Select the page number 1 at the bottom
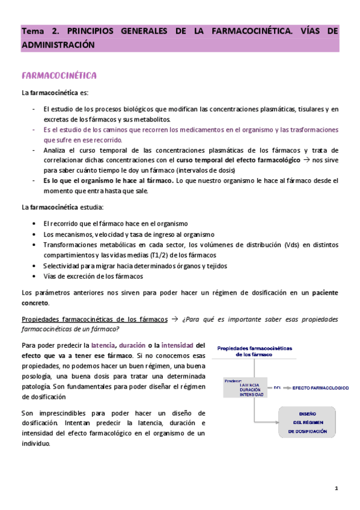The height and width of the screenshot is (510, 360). coord(336,488)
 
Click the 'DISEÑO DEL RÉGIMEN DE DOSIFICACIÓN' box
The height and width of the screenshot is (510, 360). coord(307,422)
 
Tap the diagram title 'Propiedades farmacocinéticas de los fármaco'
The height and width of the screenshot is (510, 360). coord(254,351)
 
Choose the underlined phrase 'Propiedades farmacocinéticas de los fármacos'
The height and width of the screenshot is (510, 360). coord(94,319)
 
